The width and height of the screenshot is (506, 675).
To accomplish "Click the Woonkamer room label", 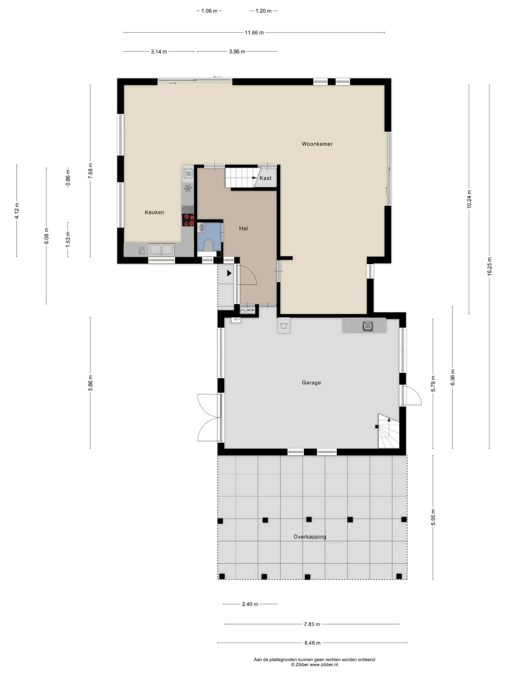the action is (x=317, y=144).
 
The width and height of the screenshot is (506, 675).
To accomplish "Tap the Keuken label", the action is (x=154, y=212).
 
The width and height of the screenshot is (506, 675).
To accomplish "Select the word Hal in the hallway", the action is (x=243, y=228).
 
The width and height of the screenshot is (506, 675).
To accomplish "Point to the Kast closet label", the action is (x=265, y=178).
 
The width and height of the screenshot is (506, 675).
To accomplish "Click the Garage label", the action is (x=311, y=382).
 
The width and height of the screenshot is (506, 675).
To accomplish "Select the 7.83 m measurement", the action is (x=312, y=624).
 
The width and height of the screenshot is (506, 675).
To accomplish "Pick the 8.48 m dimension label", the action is (x=312, y=643).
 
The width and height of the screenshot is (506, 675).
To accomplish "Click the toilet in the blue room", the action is (x=209, y=245).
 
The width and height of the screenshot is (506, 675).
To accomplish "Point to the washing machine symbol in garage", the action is (x=284, y=326).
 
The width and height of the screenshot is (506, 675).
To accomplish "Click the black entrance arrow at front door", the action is (x=229, y=273).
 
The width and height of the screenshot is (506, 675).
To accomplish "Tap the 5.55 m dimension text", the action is (x=433, y=517).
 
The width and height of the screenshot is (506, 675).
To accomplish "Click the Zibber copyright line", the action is (x=314, y=664).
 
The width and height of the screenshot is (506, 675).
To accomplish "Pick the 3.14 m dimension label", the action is (x=159, y=52).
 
